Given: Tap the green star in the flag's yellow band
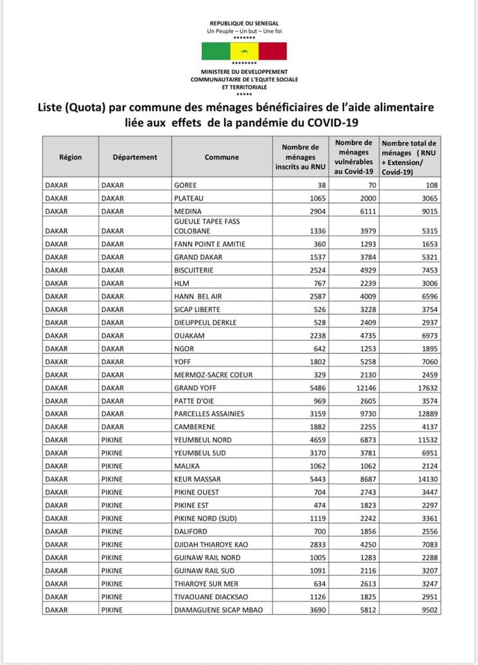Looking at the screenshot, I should pos(244,51).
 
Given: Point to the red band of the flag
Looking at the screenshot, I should pos(273,51).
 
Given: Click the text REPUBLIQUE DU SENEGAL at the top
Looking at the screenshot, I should pos(244,23).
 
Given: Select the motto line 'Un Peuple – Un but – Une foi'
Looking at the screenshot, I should pos(244,31).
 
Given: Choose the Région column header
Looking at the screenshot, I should pos(70,157).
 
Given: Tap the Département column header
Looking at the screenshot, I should pos(135,157).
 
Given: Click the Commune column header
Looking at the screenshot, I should pos(221,157).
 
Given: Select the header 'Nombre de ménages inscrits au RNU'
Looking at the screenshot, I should pos(300,157).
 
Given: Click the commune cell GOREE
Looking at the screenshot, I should pos(185,185).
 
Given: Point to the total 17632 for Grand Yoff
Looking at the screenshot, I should pos(425,388).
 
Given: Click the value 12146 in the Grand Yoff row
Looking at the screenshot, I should pos(364,388).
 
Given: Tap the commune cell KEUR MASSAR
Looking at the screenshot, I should pos(197,479).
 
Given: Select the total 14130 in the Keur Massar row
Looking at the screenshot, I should pos(425,479).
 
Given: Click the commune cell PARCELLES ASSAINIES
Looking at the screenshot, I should pos(209,414).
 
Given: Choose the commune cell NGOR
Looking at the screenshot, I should pos(184,349).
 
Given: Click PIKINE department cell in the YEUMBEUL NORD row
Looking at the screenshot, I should pos(112,440).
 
